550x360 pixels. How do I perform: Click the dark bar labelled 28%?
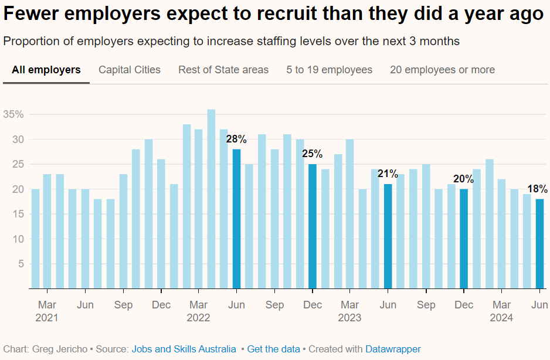pos(236,219)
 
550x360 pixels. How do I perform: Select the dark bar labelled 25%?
pos(312,226)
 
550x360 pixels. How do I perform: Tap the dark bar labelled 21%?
pos(388,236)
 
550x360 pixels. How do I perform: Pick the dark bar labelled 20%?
pos(463,239)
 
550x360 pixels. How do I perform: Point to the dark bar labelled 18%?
pos(539,244)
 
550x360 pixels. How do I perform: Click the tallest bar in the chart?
pos(211,199)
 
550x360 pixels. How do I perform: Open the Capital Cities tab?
pos(130,70)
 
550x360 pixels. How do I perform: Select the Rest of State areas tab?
pos(223,70)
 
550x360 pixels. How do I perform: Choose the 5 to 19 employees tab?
pos(330,70)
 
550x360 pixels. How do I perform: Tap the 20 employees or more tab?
pos(442,70)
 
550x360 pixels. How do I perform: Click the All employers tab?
pos(46,70)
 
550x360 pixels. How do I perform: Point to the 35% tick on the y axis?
pos(13,114)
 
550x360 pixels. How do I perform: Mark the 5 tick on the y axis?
pos(21,264)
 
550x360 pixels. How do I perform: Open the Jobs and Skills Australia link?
pos(184,349)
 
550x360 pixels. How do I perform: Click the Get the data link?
pos(273,349)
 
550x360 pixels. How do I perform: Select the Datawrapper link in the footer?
pos(393,349)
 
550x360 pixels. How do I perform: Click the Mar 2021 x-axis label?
pos(47,311)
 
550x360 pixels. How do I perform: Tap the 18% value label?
pos(538,189)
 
